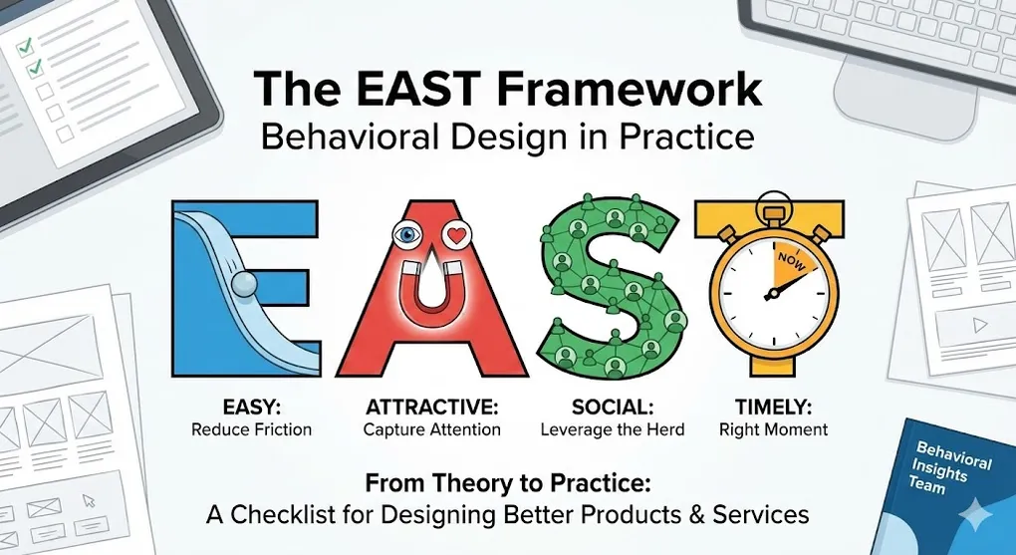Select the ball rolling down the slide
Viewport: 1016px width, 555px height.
click(243, 285)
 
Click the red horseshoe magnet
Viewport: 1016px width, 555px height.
click(428, 299)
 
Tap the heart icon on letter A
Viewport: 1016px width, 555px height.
click(457, 237)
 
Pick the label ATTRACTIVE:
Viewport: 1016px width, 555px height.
click(430, 407)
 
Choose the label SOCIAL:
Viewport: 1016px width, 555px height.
click(612, 407)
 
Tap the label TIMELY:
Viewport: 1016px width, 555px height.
click(772, 407)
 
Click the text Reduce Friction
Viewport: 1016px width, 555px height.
click(251, 429)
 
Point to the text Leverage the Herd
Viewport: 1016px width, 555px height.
click(613, 429)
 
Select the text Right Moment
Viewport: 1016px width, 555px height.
click(773, 429)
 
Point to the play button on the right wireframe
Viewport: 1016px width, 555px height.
click(979, 324)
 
